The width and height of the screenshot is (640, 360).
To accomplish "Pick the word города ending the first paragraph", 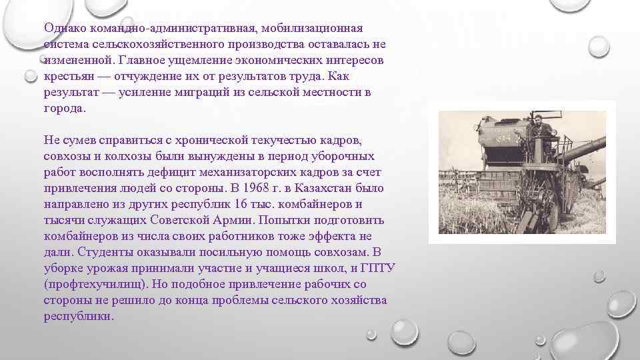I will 63,108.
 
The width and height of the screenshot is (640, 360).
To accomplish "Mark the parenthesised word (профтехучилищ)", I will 94,284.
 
